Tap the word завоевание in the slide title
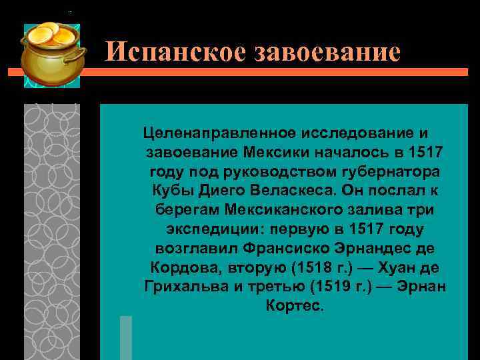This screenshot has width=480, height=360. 327,52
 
